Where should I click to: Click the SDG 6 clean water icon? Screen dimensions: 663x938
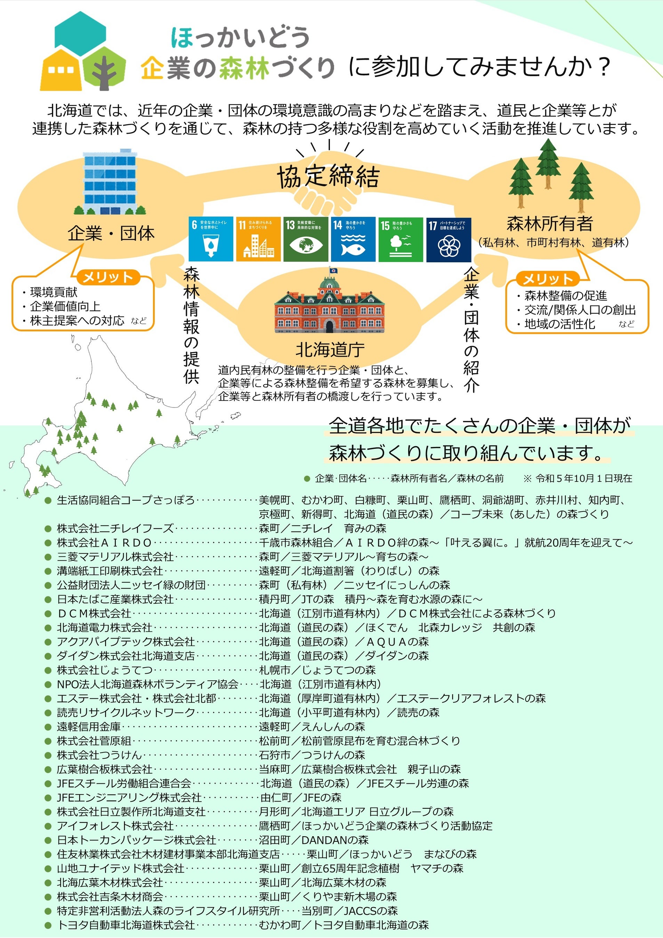pos(210,239)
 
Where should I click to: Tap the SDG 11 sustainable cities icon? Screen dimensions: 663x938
pos(258,239)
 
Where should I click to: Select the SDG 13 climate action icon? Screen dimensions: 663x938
pos(306,239)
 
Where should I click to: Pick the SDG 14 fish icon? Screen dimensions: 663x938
pos(353,239)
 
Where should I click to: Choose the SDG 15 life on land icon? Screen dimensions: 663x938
pos(401,239)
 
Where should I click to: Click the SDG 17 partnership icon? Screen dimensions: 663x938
pos(448,239)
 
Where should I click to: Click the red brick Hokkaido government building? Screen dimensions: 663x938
pos(330,304)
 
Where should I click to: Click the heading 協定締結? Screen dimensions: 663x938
pos(328,176)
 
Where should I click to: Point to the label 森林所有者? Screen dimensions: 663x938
pos(550,224)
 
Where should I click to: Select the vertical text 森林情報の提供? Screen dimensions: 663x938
pos(191,325)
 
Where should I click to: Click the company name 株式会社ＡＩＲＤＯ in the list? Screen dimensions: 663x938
pos(105,543)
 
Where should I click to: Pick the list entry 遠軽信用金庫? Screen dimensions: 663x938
pos(89,727)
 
